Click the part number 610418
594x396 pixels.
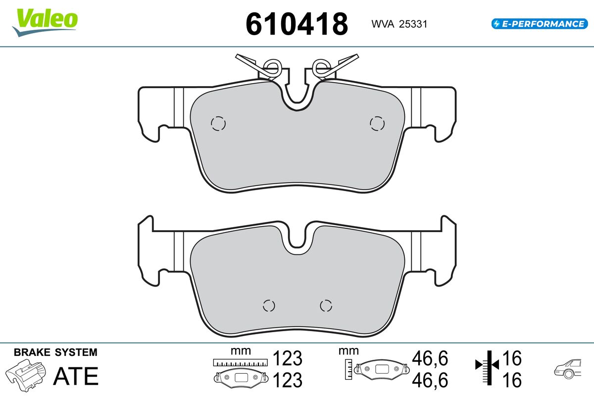(x=297, y=24)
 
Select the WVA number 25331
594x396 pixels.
(x=413, y=24)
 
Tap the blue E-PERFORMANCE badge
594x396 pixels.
(x=540, y=24)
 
